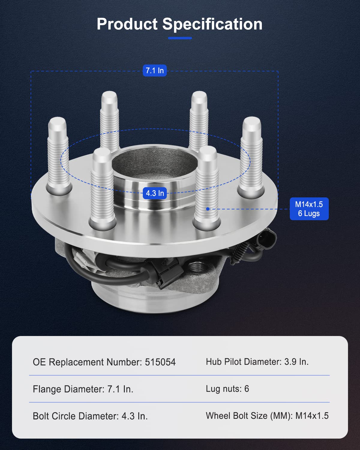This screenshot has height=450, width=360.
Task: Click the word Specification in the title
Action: tap(212, 24)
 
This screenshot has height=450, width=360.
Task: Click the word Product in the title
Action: tap(127, 24)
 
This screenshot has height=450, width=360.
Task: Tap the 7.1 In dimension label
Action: tap(154, 71)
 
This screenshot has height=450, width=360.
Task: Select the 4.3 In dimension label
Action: tap(155, 193)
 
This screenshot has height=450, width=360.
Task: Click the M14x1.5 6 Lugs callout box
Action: tap(309, 209)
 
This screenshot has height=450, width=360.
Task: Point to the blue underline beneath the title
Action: tap(180, 38)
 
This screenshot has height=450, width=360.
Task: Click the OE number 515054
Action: tap(160, 362)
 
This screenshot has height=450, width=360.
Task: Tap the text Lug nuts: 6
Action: tap(227, 389)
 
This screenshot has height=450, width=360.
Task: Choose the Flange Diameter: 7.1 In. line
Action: tap(83, 389)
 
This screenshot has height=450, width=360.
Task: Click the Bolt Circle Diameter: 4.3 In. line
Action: tap(90, 416)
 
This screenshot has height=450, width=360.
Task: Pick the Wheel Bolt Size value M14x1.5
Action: tap(312, 416)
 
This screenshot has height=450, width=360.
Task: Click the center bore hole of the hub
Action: tap(154, 165)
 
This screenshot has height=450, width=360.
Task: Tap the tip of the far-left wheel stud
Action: tap(57, 123)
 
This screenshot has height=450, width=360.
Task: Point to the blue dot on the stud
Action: tap(208, 209)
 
